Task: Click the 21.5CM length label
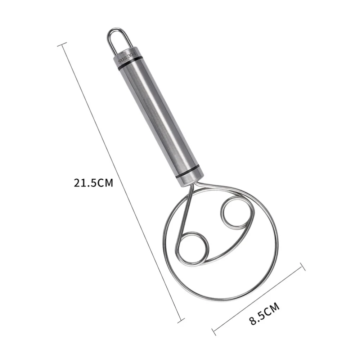(94, 183)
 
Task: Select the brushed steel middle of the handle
(158, 115)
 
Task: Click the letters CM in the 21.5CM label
(105, 183)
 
